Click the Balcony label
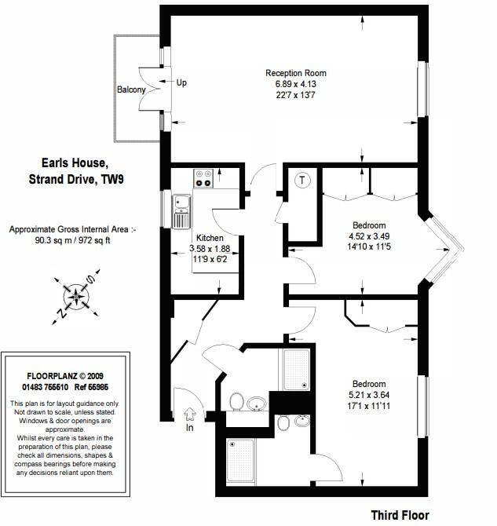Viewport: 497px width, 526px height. [x=131, y=90]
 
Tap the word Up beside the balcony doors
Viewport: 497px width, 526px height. [x=181, y=82]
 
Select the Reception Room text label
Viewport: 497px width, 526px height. [x=295, y=73]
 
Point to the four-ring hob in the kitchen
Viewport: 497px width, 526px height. [x=204, y=179]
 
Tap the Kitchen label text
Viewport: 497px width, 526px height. [x=210, y=238]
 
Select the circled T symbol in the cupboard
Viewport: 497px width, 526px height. [x=301, y=180]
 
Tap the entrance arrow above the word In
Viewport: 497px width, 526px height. [x=189, y=413]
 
